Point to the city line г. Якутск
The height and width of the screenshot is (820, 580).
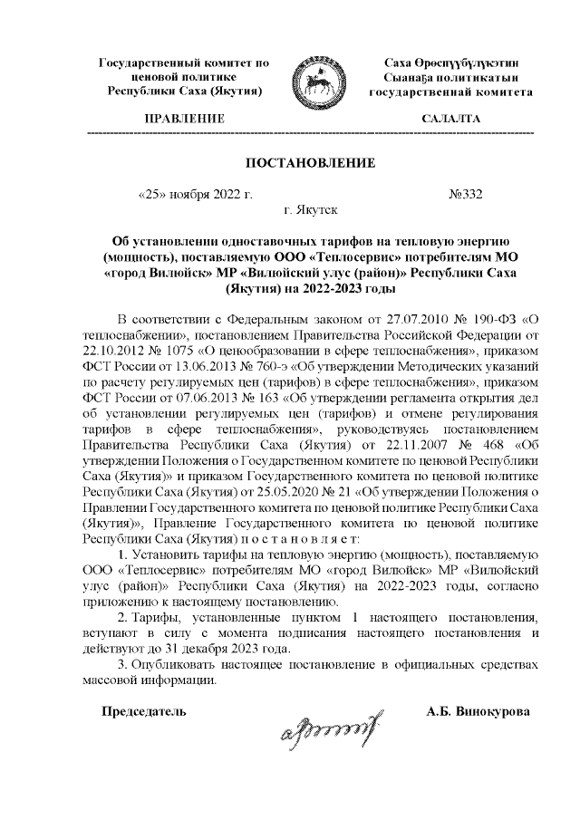tap(310, 210)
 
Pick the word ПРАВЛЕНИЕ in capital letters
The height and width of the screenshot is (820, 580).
tap(185, 119)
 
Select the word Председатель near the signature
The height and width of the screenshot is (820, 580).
tap(144, 710)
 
